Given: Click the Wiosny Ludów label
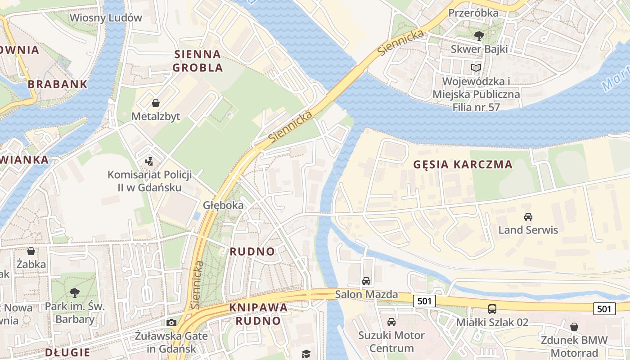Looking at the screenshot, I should tap(106, 18).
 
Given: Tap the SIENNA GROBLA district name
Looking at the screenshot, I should tap(198, 61).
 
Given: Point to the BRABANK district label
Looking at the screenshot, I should tap(57, 84).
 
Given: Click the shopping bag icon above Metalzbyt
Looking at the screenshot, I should tap(156, 103).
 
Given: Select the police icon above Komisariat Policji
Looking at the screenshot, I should tap(149, 161).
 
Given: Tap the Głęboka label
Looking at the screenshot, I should tap(223, 205).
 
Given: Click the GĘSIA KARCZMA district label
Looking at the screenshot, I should tap(463, 164).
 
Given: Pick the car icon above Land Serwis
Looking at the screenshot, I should tap(528, 216).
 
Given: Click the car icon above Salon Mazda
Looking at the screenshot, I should tap(366, 281).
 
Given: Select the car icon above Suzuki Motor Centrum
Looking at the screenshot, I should tap(391, 322).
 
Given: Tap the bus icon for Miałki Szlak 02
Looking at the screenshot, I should tap(492, 309).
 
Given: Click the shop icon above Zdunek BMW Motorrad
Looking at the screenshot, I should tap(574, 327).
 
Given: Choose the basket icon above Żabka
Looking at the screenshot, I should tap(31, 251).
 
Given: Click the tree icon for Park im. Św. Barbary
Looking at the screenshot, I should tap(75, 293).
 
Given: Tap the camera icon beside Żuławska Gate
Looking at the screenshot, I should tap(171, 323).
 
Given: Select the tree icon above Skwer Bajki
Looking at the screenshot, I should tap(479, 36).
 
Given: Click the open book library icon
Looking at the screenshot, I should tap(476, 68).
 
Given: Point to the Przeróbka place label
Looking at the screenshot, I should tap(473, 13).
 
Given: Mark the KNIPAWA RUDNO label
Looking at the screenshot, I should tap(258, 314).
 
